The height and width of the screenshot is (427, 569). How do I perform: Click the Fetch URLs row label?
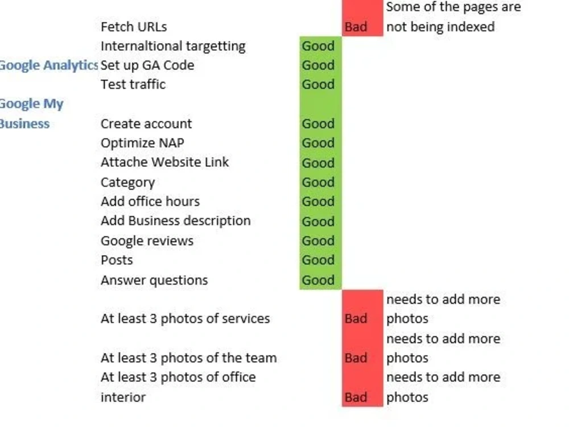[x=134, y=27]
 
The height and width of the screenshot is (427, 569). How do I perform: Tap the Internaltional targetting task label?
[x=173, y=47]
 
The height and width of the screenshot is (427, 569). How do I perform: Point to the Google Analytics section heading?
[x=48, y=65]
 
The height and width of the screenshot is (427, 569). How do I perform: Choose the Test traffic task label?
[x=133, y=85]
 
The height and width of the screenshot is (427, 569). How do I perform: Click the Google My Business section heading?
[x=31, y=114]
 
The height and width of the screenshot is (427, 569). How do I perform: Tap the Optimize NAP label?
[x=142, y=143]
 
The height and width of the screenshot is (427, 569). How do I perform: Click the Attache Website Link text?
[x=165, y=162]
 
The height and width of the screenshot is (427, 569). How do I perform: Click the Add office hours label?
[x=150, y=202]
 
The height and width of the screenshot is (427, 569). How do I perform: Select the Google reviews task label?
[x=147, y=241]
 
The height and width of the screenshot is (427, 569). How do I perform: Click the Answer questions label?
[x=154, y=280]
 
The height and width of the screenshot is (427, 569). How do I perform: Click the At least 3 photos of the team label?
[x=189, y=358]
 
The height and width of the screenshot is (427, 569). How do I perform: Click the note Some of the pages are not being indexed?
[x=453, y=17]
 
